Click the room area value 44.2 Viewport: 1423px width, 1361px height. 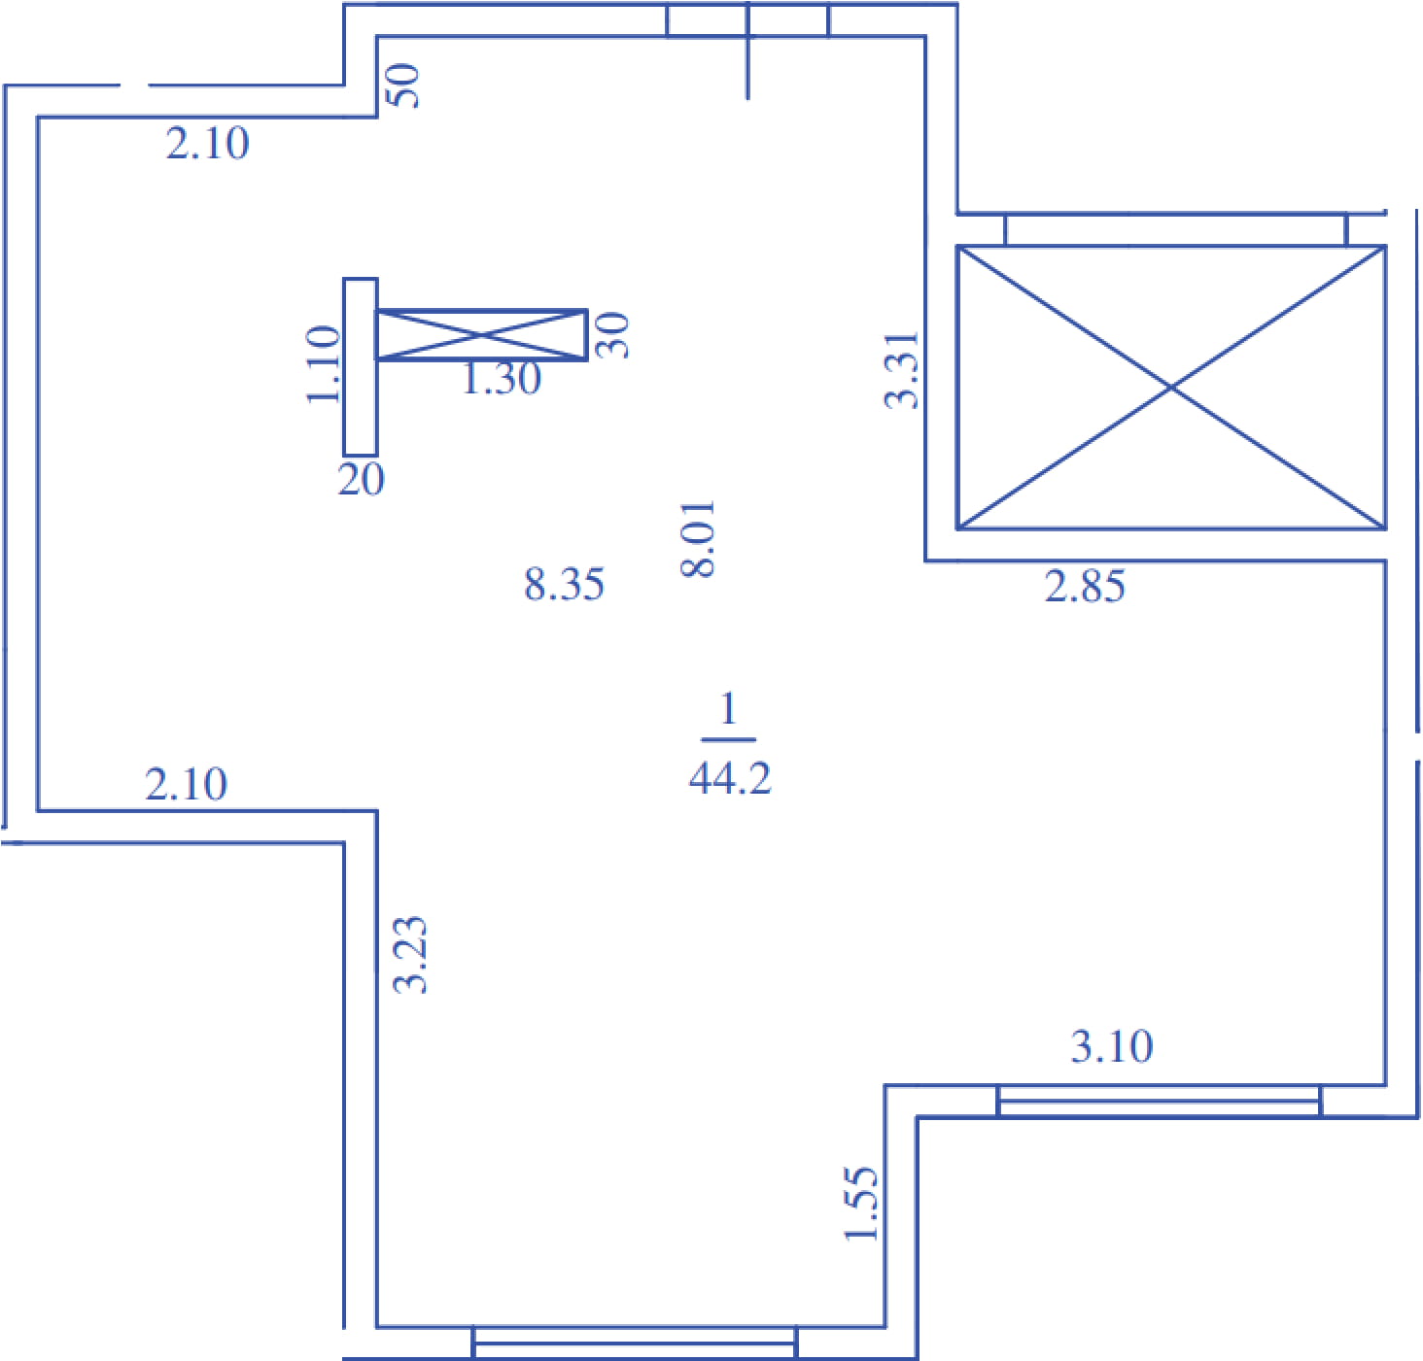730,778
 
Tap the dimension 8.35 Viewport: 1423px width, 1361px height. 564,585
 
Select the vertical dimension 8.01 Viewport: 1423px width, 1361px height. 698,539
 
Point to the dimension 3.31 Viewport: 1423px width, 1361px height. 901,370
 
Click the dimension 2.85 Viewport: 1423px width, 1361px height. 1085,587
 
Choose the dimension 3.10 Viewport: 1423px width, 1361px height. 1112,1046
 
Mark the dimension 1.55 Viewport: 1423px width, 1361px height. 860,1203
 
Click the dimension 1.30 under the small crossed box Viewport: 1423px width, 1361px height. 501,379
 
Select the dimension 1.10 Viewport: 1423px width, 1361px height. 323,364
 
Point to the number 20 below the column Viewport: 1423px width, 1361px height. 361,480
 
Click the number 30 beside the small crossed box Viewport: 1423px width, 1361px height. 612,335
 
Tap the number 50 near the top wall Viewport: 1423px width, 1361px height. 403,86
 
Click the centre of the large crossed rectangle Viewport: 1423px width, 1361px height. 1170,388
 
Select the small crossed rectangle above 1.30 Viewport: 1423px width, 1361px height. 481,335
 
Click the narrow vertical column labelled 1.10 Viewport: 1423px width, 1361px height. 361,367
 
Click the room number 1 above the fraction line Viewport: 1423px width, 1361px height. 728,709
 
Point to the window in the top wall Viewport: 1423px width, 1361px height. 747,19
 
